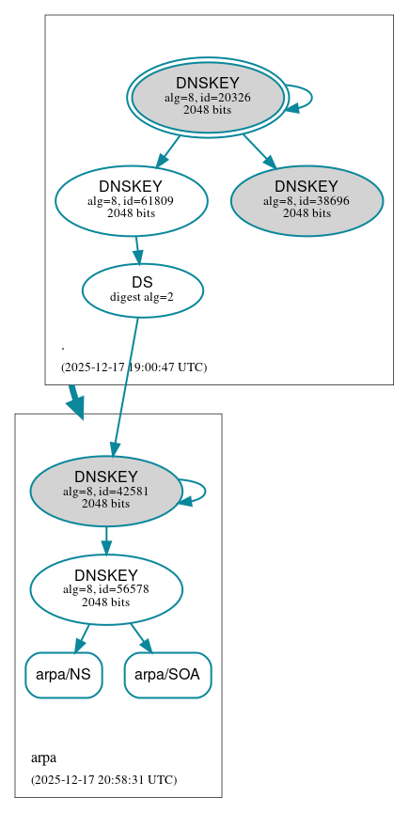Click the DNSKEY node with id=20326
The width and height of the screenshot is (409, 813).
(208, 97)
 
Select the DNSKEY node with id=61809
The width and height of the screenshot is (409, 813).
(131, 200)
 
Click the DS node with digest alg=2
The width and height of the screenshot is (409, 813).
(142, 290)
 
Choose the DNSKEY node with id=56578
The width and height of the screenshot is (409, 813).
(105, 589)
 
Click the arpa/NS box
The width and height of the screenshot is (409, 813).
(63, 675)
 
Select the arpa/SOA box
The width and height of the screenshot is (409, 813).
(167, 675)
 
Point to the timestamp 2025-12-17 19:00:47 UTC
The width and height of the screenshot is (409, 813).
(134, 367)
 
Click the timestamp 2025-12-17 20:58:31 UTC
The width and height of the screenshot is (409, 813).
(103, 780)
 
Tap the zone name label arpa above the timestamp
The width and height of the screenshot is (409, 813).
(43, 758)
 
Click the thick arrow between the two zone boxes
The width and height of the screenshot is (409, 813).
(74, 401)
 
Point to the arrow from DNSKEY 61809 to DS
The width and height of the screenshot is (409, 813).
(137, 249)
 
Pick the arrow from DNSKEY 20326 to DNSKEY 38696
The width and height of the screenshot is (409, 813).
(258, 149)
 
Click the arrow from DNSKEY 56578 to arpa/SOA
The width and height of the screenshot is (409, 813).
(141, 637)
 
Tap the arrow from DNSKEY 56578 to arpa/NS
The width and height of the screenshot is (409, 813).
(82, 637)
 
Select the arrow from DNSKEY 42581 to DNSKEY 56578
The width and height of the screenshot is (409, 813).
(105, 540)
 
